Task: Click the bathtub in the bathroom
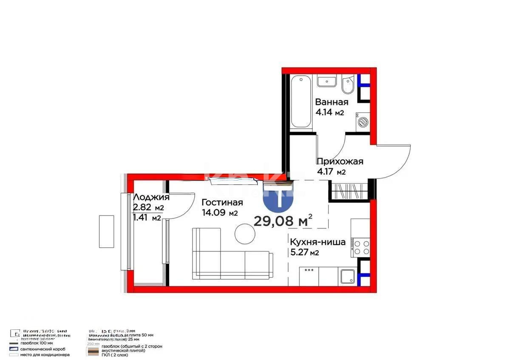click(301, 101)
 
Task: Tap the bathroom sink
click(326, 80)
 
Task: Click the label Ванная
click(331, 102)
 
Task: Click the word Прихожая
click(340, 161)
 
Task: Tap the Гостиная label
click(222, 202)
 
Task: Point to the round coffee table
click(244, 234)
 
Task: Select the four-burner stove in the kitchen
click(360, 247)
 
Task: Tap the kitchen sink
click(347, 277)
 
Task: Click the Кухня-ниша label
click(317, 242)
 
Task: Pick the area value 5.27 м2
click(304, 253)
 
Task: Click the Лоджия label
click(151, 197)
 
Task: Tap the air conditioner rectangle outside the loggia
click(107, 231)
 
